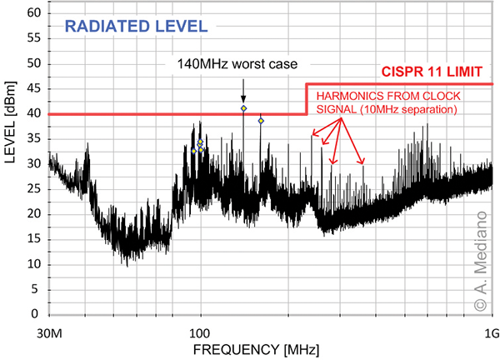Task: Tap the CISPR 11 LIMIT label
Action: coord(436,72)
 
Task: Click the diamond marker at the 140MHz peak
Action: coord(243,108)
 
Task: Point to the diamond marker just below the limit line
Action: coord(261,121)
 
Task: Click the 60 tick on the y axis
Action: coord(33,13)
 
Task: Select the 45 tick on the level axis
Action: coord(33,89)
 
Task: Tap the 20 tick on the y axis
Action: coord(33,214)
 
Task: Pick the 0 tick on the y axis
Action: coord(37,315)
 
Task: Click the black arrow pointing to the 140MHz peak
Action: coord(243,87)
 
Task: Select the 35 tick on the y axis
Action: coord(33,139)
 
